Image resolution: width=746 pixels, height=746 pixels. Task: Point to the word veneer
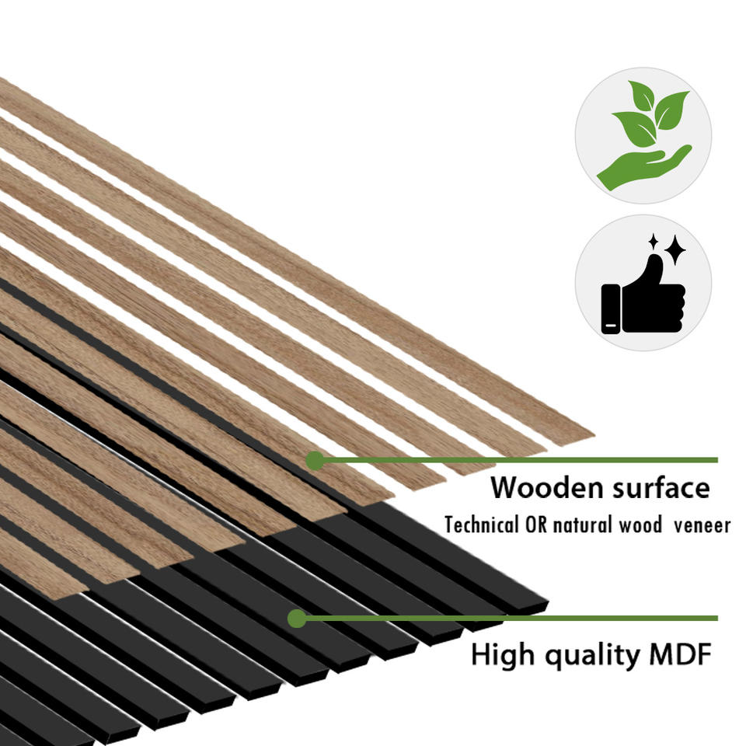click(702, 525)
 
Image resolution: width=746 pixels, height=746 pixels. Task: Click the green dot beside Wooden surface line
click(315, 460)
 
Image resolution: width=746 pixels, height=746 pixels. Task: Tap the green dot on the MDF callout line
click(296, 619)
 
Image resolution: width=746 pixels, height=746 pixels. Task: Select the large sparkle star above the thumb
click(675, 249)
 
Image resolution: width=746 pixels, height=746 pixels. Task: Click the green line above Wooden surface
click(521, 460)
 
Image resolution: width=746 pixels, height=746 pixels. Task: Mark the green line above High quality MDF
click(513, 619)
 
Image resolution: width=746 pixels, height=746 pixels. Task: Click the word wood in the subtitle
click(639, 525)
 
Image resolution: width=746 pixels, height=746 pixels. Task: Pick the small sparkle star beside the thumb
click(654, 242)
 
